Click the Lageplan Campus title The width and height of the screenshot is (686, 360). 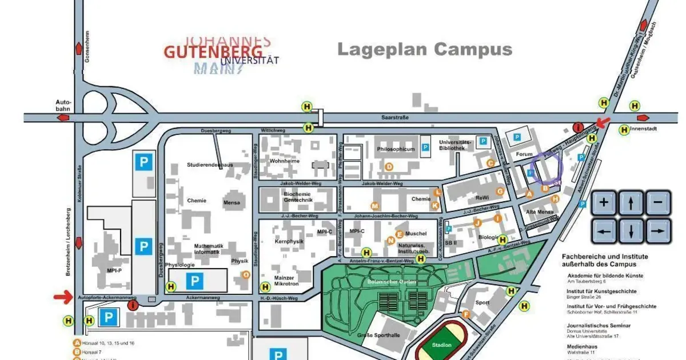point(424,49)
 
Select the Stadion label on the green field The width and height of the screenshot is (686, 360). point(442,345)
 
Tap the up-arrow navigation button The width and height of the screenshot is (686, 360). point(631,202)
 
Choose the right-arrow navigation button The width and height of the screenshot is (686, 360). point(657,231)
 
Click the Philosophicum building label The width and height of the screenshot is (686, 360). point(396,149)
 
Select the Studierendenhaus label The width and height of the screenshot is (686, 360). point(210,165)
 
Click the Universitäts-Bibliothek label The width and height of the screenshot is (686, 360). point(455,145)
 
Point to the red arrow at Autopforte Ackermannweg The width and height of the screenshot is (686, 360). point(63,296)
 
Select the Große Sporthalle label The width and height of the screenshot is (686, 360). point(378,335)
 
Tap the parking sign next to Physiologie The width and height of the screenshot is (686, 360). point(194,281)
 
